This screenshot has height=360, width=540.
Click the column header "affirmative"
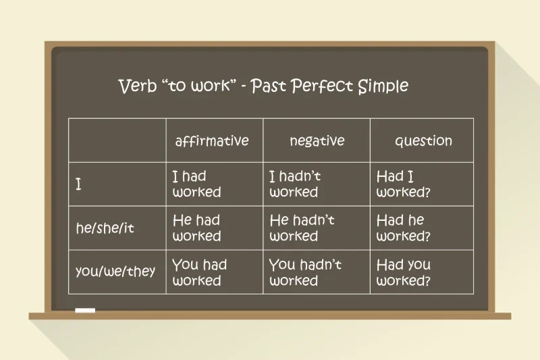(212, 141)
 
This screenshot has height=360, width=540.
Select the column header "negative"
(317, 140)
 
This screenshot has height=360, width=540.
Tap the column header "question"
(423, 141)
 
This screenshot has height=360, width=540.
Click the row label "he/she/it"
(105, 228)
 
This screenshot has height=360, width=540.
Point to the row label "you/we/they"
(115, 272)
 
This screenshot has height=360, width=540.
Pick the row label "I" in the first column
(79, 184)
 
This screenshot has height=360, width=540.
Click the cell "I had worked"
(196, 184)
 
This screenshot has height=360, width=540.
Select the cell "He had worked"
(196, 228)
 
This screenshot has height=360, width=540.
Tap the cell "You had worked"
(199, 272)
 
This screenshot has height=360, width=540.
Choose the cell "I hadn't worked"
(295, 184)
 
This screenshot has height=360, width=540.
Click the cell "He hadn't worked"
(302, 228)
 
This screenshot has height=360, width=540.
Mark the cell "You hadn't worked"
(305, 272)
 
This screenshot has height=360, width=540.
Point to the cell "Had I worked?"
(403, 184)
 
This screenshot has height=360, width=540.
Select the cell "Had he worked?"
(403, 228)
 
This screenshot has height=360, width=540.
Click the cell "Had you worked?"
(403, 272)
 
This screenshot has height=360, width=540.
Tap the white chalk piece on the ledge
(85, 311)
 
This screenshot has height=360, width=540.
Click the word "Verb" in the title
(137, 86)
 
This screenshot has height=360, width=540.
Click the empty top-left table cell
(117, 140)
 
